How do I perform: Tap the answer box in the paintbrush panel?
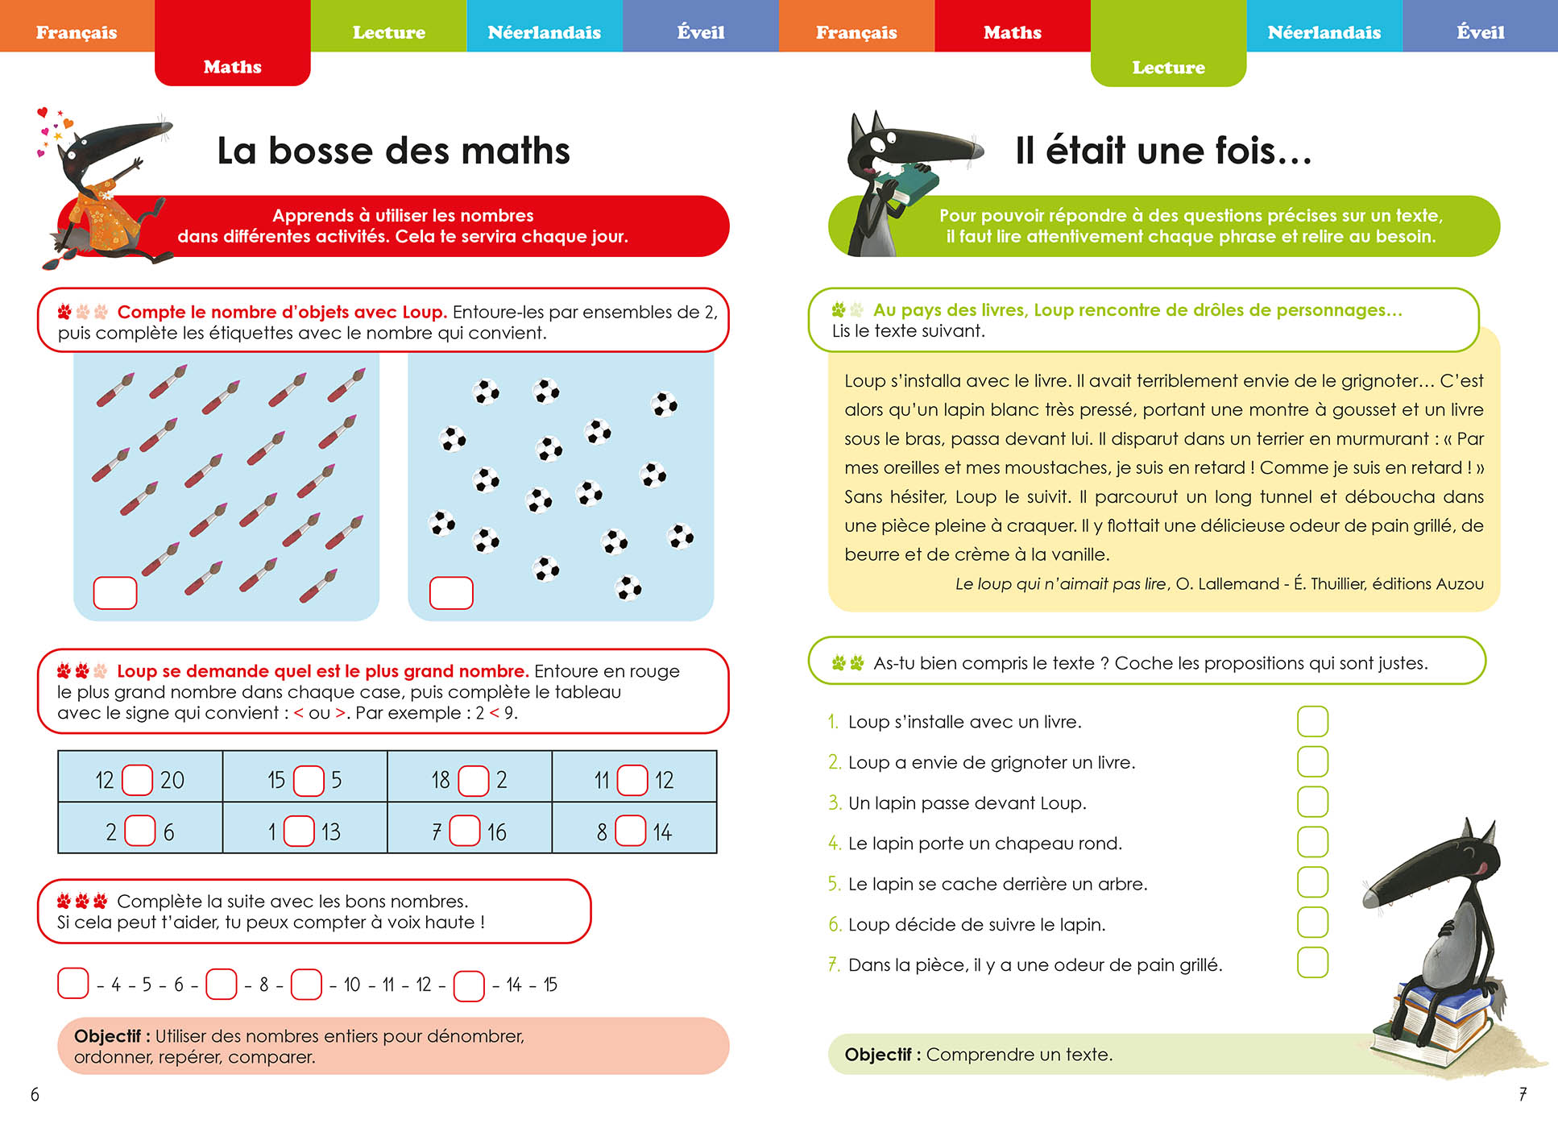[x=115, y=593]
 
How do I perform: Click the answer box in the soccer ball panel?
[x=451, y=593]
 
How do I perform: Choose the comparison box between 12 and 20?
[x=137, y=780]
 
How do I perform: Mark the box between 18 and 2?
[x=473, y=780]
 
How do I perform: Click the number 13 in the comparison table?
[x=331, y=831]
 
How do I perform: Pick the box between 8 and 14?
[x=630, y=831]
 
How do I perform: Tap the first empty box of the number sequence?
[x=73, y=984]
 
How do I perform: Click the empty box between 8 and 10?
[x=306, y=984]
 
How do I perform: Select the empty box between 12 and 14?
[x=469, y=985]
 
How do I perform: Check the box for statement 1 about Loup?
[x=1312, y=721]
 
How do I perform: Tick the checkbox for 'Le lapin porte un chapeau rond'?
[x=1312, y=842]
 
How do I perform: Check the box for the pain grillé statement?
[x=1312, y=963]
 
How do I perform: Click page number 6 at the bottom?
[x=35, y=1094]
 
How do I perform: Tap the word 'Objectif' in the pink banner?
[x=107, y=1036]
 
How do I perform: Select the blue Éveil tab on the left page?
[x=700, y=32]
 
